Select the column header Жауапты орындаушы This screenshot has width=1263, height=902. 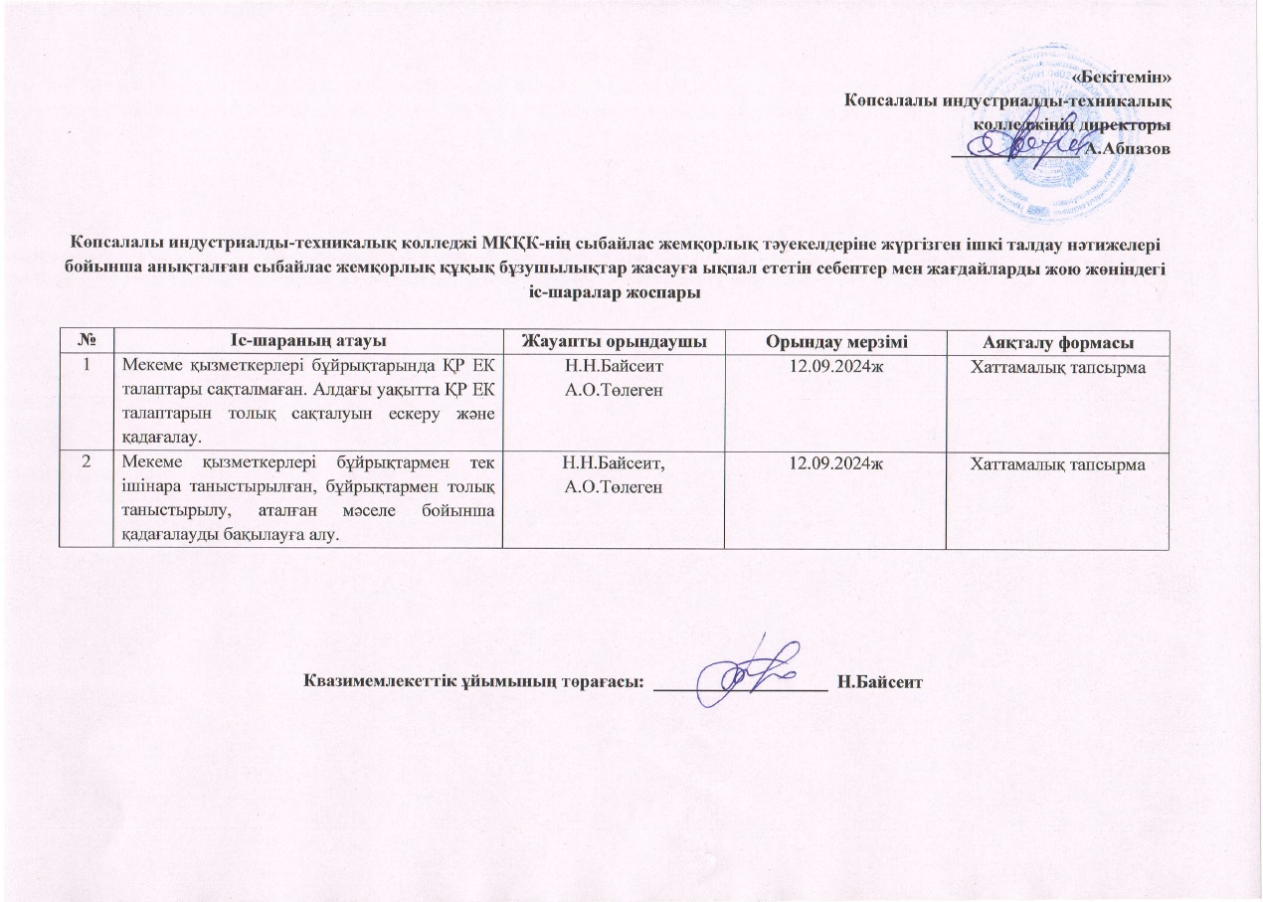(x=613, y=341)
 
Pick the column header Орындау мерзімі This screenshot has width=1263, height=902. (x=834, y=341)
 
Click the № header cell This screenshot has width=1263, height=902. (x=89, y=341)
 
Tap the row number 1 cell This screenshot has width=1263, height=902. (x=89, y=366)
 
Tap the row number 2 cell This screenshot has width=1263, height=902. (x=89, y=463)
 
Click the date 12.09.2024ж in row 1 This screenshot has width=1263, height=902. (x=834, y=366)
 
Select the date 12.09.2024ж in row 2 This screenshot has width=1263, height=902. (x=834, y=463)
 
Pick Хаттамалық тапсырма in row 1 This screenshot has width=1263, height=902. (x=1056, y=367)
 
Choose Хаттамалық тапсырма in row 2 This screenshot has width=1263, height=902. (x=1056, y=464)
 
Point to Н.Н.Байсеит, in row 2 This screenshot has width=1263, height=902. (x=613, y=463)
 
